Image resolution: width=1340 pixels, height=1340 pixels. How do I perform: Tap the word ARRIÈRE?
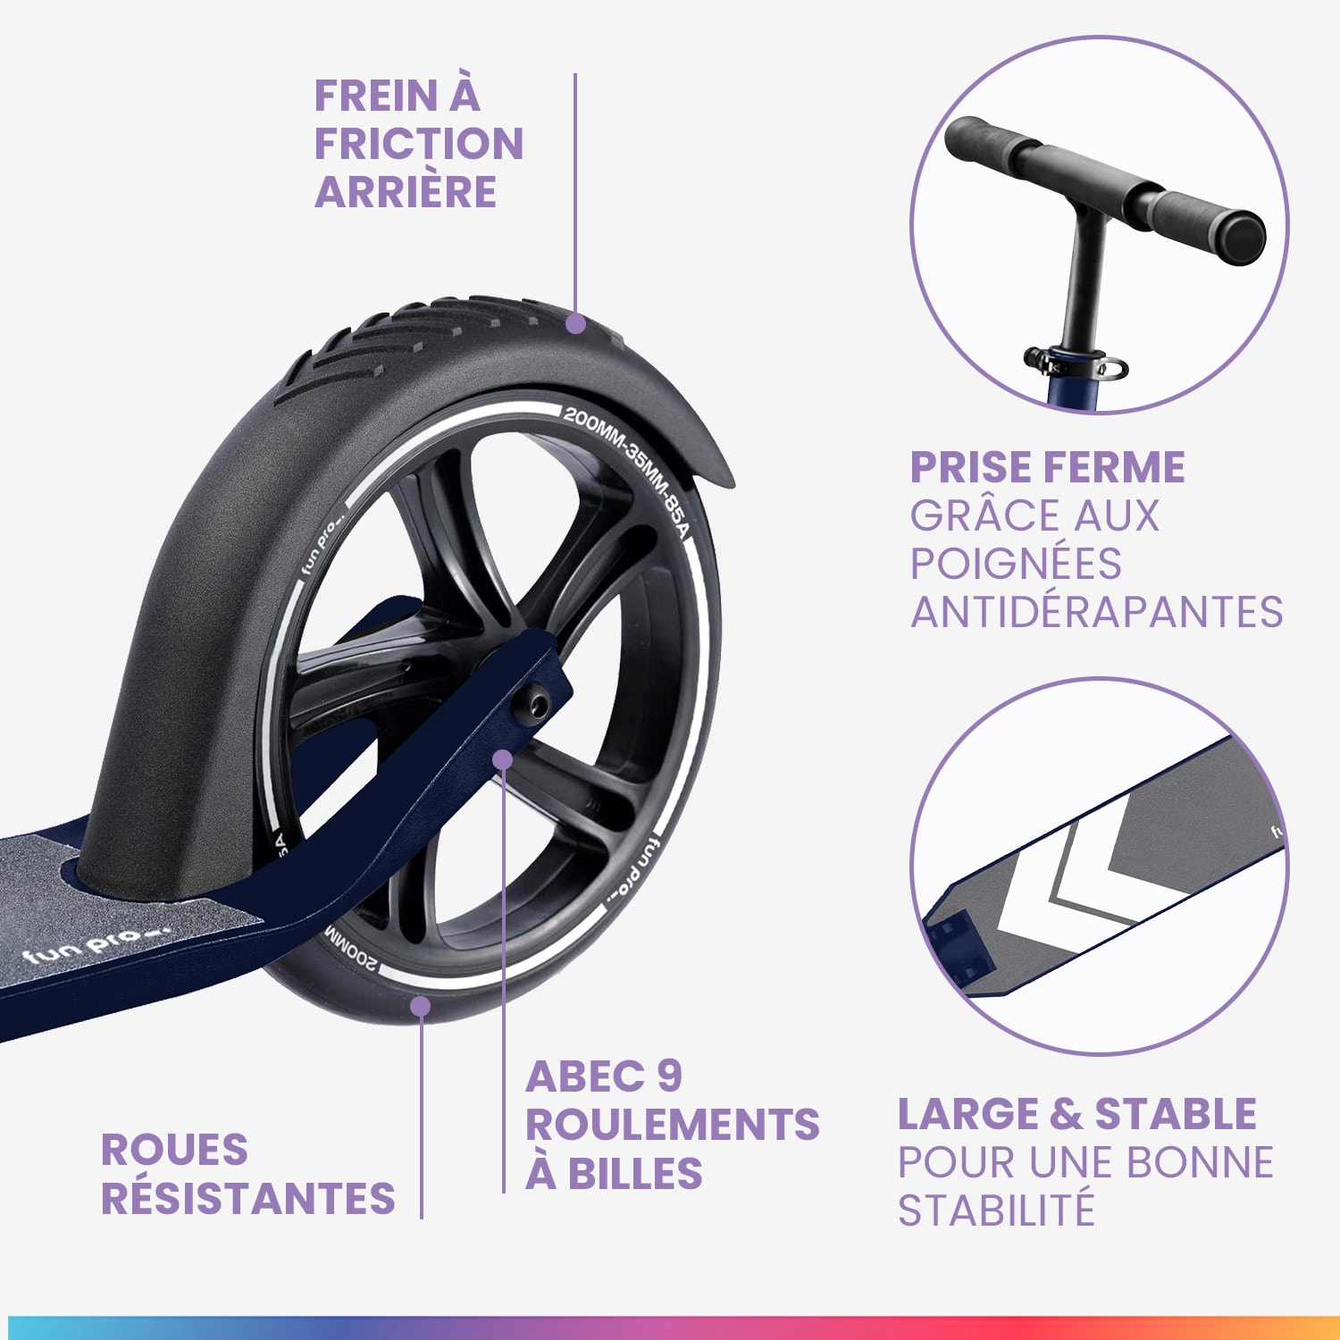[405, 191]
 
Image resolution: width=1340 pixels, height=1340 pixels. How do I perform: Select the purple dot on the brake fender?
[576, 323]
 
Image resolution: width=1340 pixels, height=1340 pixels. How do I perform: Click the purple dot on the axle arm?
[503, 759]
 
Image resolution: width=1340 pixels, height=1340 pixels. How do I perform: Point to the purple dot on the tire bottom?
[420, 1007]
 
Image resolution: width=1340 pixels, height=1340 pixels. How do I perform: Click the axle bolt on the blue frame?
[538, 706]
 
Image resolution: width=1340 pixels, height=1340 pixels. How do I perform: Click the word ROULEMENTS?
[672, 1125]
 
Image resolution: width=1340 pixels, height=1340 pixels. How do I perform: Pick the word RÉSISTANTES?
[248, 1198]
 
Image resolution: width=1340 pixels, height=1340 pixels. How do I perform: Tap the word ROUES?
[174, 1150]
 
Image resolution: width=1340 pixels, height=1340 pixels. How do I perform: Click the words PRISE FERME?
[1047, 467]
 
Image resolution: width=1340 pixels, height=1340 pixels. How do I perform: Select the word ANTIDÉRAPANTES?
[1096, 612]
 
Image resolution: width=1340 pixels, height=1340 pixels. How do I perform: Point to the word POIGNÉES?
[1016, 564]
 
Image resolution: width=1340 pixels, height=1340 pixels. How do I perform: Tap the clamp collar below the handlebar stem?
[1076, 362]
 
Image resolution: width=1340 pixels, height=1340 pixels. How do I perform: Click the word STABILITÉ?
[996, 1210]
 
